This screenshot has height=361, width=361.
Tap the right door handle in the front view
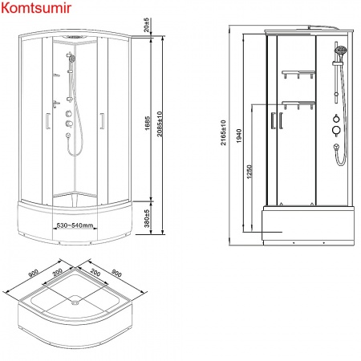102,122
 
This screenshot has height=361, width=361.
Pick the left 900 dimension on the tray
34,273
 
